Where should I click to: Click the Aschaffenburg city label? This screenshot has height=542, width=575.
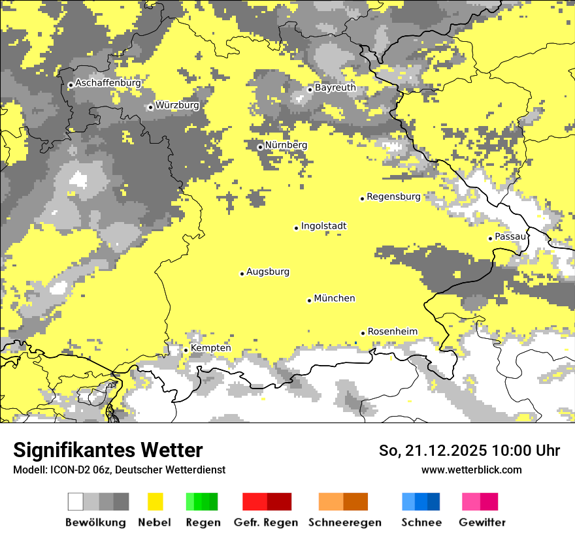108,84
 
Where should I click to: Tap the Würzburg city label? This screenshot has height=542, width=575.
177,105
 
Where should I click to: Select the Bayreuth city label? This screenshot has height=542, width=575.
335,88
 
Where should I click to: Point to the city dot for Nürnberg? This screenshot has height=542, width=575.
260,147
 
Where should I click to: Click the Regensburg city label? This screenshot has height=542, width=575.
393,197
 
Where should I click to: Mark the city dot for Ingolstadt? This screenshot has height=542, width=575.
296,228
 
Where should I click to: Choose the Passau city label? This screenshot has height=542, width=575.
510,236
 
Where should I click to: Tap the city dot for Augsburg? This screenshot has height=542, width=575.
242,274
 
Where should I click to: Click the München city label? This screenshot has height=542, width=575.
335,298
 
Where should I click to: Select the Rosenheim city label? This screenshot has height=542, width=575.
392,332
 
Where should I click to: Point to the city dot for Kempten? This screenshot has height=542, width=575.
186,350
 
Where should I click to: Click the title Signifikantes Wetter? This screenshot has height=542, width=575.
108,451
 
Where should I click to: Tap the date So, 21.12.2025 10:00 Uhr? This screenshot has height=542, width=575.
469,451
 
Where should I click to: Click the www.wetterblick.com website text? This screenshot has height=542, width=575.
471,470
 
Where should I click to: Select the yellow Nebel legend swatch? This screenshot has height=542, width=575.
156,502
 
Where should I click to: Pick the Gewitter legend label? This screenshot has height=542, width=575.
482,522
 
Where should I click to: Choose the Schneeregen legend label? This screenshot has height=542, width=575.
345,522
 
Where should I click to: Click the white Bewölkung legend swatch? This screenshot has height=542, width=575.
76,502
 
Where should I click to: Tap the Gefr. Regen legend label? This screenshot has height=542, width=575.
265,522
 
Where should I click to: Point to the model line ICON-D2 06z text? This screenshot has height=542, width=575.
119,470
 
